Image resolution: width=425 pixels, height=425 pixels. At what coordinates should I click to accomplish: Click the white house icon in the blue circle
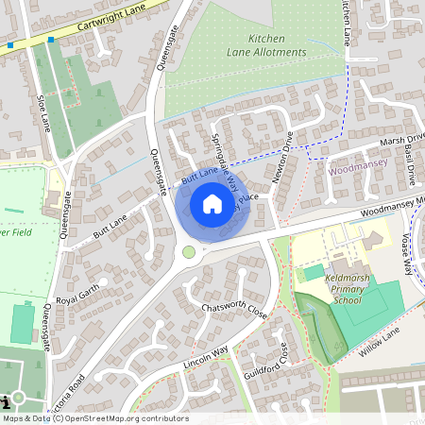coord(212,203)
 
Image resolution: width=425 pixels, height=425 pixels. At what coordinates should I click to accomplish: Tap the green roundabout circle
coord(189,252)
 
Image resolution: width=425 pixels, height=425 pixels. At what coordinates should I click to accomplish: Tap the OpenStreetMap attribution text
coord(94,418)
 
